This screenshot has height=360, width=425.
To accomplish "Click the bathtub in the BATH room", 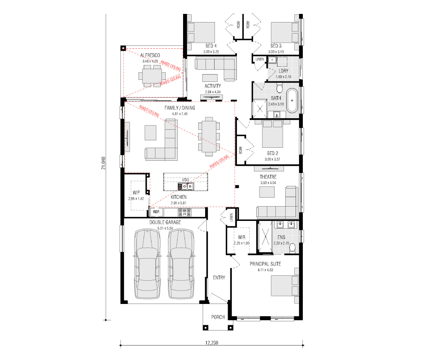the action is [x=292, y=100].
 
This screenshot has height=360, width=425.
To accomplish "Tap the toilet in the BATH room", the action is [x=280, y=88].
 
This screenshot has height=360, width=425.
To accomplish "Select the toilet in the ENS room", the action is [x=293, y=248].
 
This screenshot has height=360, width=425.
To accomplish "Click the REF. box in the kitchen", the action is [x=157, y=212].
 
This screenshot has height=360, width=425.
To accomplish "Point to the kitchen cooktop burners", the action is [x=185, y=212].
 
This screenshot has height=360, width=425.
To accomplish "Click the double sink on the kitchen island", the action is [x=186, y=186].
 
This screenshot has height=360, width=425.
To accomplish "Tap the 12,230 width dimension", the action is [x=212, y=343].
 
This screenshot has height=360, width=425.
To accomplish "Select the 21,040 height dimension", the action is [x=103, y=163].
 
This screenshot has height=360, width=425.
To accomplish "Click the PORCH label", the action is [x=218, y=317].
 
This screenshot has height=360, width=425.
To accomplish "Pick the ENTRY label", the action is [x=219, y=277].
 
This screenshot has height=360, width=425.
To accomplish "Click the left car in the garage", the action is [x=147, y=264].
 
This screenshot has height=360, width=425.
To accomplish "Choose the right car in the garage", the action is [x=181, y=264].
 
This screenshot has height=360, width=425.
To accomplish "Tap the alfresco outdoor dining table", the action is [x=152, y=76].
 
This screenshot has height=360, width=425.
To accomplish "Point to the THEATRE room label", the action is [x=268, y=177].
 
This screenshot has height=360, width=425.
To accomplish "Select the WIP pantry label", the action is [x=136, y=193].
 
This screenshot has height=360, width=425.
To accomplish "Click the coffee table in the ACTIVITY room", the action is [x=210, y=78].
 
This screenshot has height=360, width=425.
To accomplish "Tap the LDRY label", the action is [x=284, y=71].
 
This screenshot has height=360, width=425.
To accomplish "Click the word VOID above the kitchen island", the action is [x=186, y=180].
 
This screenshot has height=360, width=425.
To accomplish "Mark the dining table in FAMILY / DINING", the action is [x=209, y=137].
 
